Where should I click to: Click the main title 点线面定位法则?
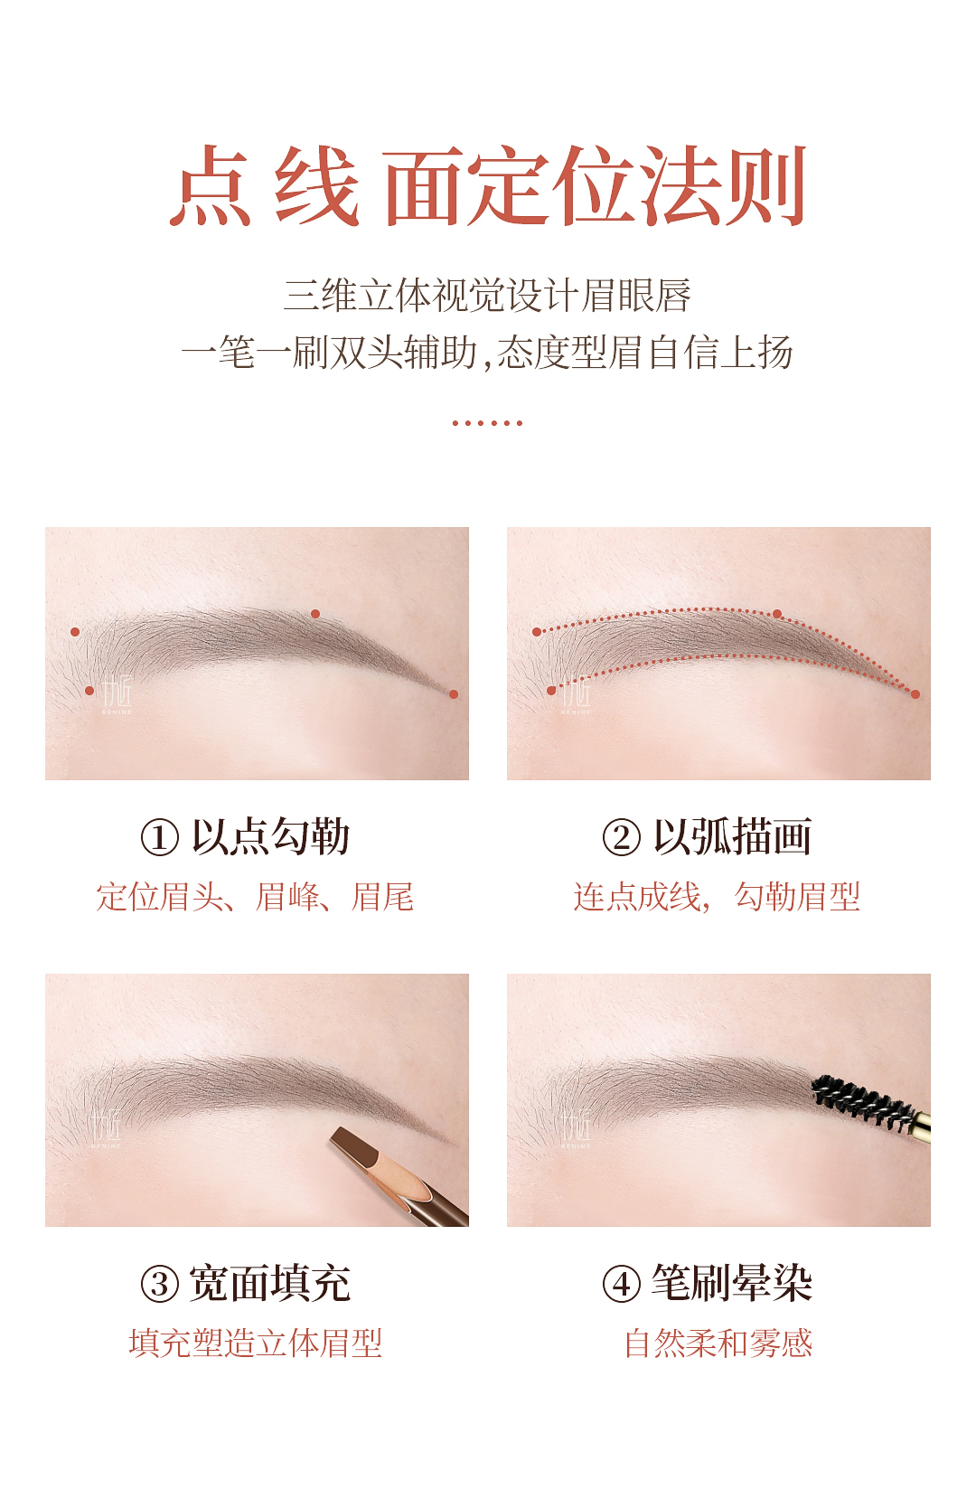tap(488, 185)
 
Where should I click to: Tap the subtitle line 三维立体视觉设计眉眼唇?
tap(487, 296)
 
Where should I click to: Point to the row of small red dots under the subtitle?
tap(487, 423)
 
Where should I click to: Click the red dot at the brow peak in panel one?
tap(315, 614)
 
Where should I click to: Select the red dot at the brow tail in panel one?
tap(454, 694)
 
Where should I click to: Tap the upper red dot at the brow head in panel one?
tap(75, 632)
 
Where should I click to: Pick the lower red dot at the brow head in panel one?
tap(89, 691)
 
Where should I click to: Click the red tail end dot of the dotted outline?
tap(915, 694)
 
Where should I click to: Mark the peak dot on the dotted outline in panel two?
tap(776, 614)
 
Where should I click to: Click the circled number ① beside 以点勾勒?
tap(159, 837)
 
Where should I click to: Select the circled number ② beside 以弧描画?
tap(622, 837)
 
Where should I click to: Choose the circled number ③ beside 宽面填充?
tap(159, 1284)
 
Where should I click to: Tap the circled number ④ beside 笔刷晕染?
tap(622, 1284)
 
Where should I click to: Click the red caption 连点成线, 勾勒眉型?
tap(717, 897)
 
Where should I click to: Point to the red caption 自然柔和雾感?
tap(718, 1343)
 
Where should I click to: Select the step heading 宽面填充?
tap(269, 1284)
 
